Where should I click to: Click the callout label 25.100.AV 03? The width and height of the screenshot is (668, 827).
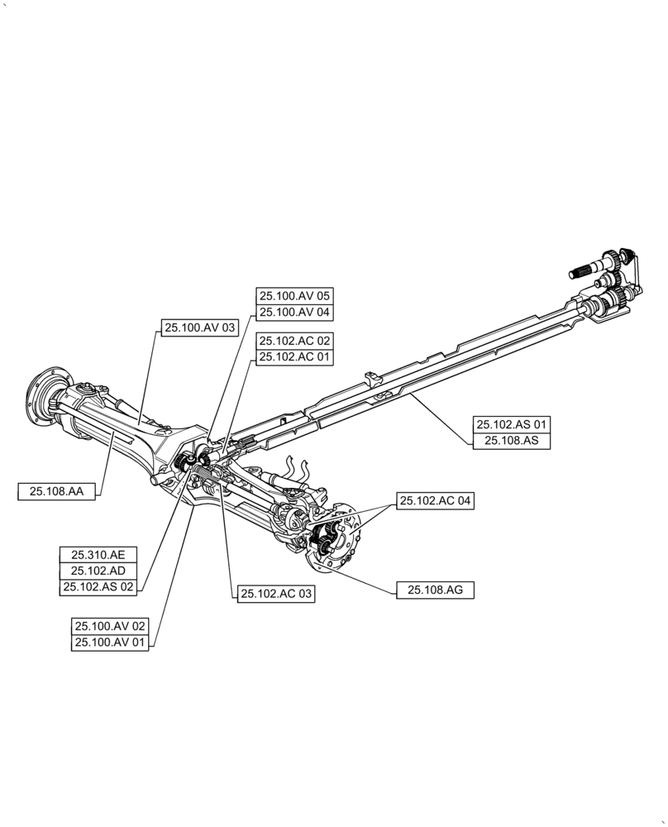click(200, 328)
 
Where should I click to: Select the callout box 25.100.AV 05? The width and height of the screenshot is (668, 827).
click(294, 295)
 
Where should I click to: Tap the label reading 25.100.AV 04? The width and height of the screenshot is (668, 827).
click(294, 313)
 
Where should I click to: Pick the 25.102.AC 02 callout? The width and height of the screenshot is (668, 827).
click(294, 341)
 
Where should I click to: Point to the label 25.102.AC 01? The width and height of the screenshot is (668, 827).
click(294, 357)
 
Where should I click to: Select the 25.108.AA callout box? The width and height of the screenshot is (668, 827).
click(57, 491)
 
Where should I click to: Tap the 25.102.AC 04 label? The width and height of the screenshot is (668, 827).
click(436, 501)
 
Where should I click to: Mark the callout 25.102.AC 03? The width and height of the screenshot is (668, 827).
click(276, 594)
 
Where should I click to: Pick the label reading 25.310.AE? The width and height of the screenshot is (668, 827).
click(98, 554)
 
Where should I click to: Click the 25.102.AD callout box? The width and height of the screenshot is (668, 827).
click(98, 571)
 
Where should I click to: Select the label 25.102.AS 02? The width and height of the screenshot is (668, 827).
click(98, 587)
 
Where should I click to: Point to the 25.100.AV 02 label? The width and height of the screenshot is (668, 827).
click(110, 626)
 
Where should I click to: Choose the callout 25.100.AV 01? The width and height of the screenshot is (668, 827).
click(110, 643)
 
